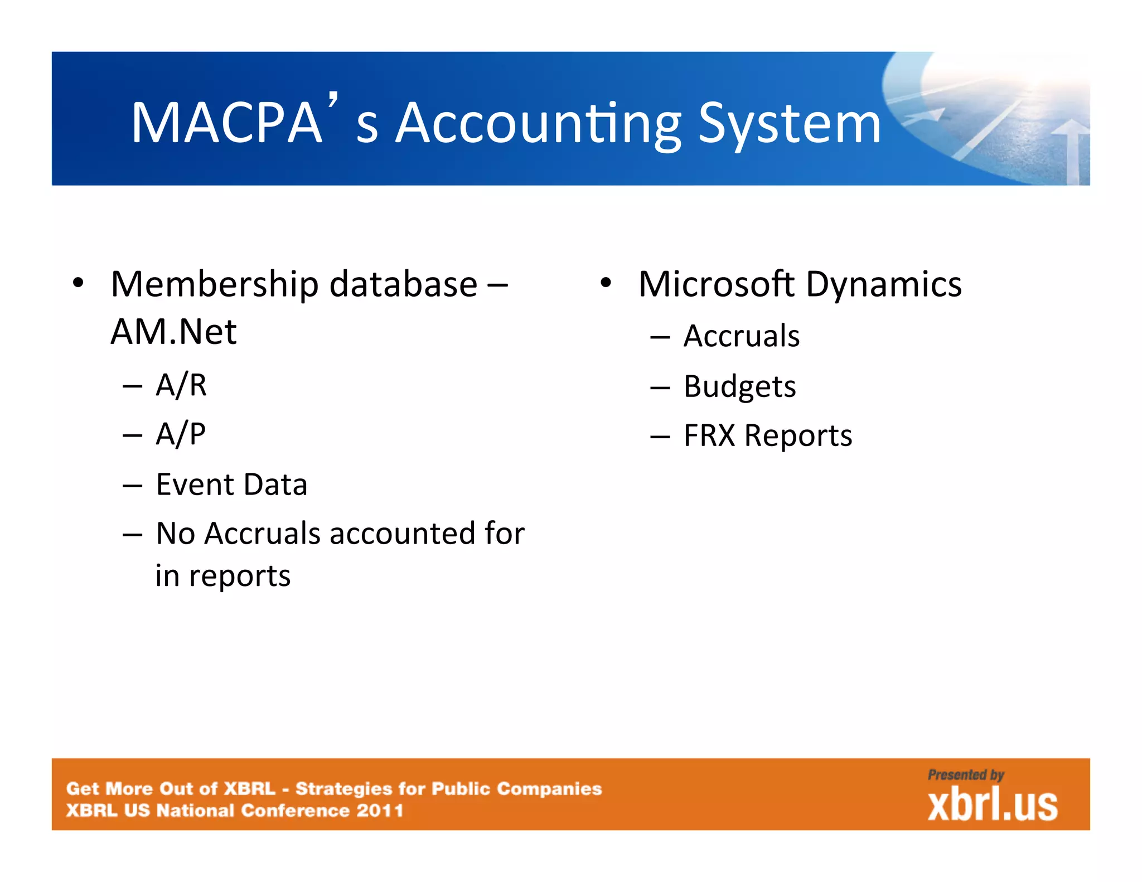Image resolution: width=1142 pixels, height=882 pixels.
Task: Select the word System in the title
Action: coord(789,124)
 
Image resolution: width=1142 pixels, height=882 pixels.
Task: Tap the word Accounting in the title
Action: coord(538,124)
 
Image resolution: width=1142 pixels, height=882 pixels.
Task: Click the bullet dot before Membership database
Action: coord(78,283)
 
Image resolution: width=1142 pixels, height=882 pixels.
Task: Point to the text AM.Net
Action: coord(173,332)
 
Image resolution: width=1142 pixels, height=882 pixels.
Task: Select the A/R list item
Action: coord(181,385)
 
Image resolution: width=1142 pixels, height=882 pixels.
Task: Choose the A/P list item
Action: coord(181,434)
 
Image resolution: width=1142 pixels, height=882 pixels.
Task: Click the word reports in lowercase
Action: coord(240,576)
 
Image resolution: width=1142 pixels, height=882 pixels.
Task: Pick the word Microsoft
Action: coord(717,284)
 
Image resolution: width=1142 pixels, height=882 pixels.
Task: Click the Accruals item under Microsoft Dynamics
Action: coord(742,336)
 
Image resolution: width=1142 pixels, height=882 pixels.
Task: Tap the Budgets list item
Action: coord(739,386)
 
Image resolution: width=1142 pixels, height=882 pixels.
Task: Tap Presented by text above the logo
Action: coord(966,775)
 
